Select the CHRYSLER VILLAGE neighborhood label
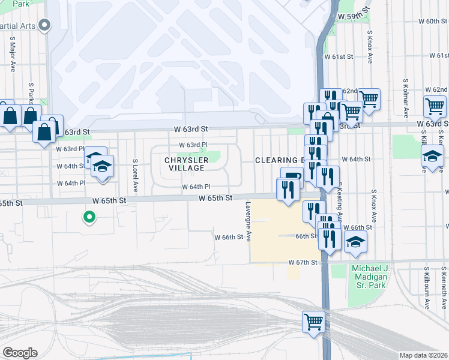tap(187, 164)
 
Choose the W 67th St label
tap(302, 263)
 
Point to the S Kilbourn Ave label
tap(427, 288)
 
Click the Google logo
tap(20, 353)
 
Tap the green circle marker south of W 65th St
tap(89, 217)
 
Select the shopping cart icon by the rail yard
tap(313, 322)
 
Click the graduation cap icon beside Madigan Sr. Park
tap(355, 242)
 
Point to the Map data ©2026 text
tap(424, 355)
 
